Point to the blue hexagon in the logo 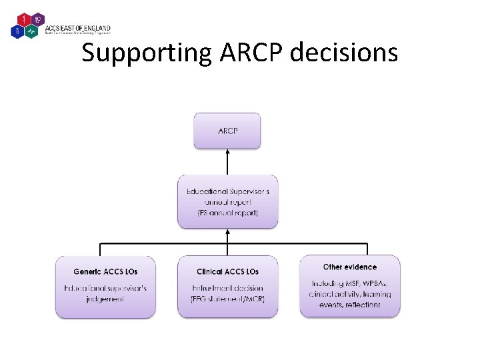18,31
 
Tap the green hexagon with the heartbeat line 31,31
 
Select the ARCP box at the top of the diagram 227,131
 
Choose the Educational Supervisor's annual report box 227,202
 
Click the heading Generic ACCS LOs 105,272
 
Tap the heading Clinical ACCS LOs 227,272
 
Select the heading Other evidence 349,267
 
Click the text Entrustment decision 227,288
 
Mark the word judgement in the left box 105,299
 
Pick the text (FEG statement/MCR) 227,299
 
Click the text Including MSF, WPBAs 349,283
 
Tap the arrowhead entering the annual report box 227,233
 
